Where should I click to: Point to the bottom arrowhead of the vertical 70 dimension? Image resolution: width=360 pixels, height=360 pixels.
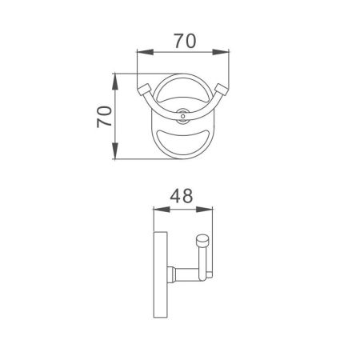116,157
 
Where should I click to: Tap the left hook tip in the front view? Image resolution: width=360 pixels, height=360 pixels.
146,89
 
